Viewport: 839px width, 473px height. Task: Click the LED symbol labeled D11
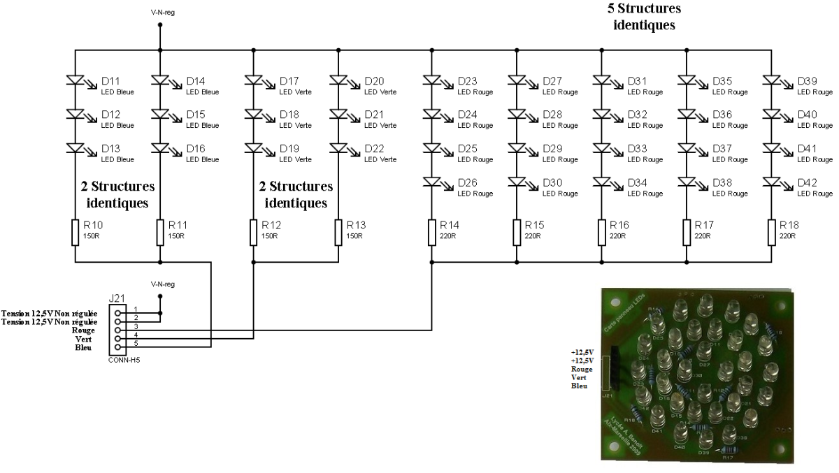point(75,81)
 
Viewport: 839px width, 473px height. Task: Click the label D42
point(807,183)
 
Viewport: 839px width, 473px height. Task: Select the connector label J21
point(117,298)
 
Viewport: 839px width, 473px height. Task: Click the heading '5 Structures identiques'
point(643,17)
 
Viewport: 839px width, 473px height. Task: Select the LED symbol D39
point(772,81)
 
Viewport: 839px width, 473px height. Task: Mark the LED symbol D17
point(253,81)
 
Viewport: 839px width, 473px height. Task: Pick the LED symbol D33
point(601,149)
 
